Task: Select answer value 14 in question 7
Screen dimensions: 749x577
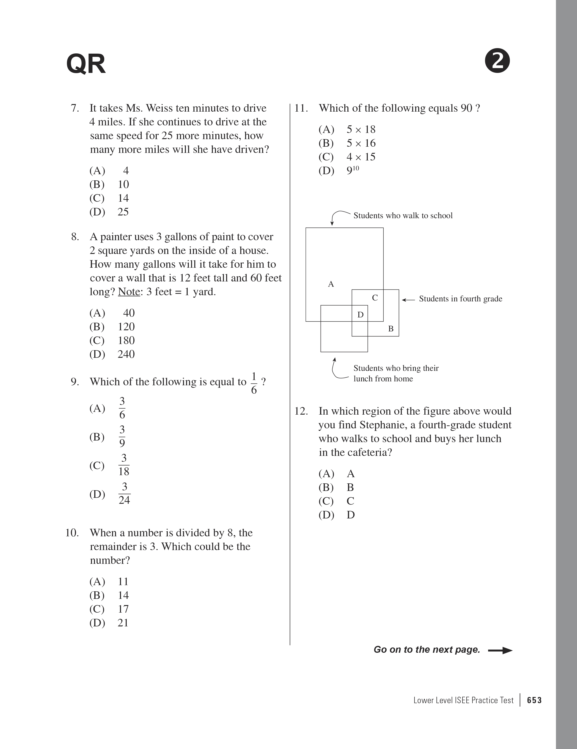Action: pos(123,198)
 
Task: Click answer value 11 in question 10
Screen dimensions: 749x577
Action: pos(123,582)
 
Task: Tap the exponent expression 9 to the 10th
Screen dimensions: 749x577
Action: pos(352,171)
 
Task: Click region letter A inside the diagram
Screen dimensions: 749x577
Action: pos(331,284)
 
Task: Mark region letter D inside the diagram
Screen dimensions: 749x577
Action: pos(360,315)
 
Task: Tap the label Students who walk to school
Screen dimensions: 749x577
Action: pos(403,215)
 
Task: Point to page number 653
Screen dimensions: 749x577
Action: pos(534,700)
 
